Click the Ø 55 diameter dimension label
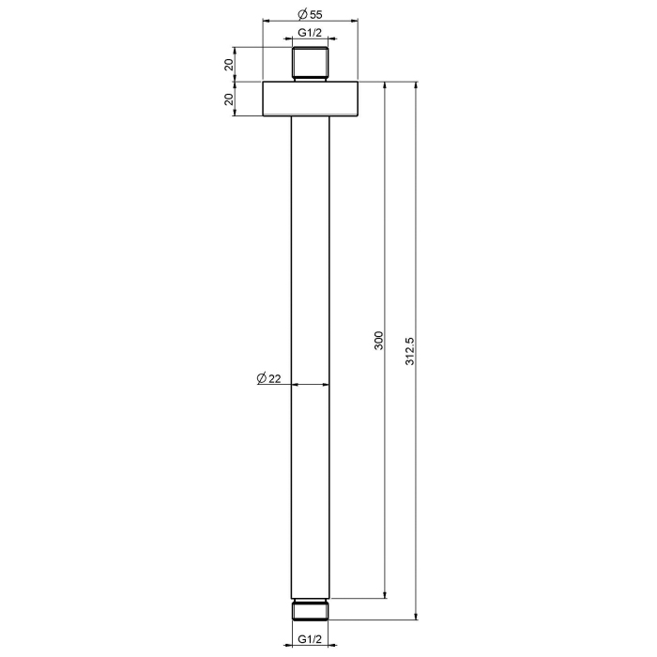pos(310,14)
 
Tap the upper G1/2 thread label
pos(310,33)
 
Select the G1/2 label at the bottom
pos(310,639)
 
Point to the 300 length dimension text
pos(378,341)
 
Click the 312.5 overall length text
pos(409,351)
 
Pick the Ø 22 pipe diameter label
pos(268,378)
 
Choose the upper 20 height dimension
pos(229,65)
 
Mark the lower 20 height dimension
pos(229,99)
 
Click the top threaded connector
pos(310,64)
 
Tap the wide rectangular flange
pos(310,99)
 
